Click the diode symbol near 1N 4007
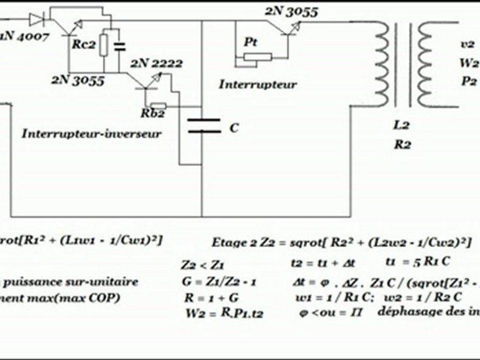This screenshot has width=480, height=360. point(36,19)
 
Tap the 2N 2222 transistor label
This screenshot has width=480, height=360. point(156,63)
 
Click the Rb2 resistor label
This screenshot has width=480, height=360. point(151,113)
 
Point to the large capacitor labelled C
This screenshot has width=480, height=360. point(203,126)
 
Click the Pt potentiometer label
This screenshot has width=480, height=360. point(250,43)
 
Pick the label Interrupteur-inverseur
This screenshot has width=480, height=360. point(91,133)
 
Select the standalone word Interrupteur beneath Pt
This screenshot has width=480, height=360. point(257,84)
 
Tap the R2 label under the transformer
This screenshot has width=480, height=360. point(402,145)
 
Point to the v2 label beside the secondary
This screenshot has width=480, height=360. point(467,44)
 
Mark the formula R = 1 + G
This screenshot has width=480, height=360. point(206,299)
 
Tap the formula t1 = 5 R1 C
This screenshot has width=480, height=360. point(409,261)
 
